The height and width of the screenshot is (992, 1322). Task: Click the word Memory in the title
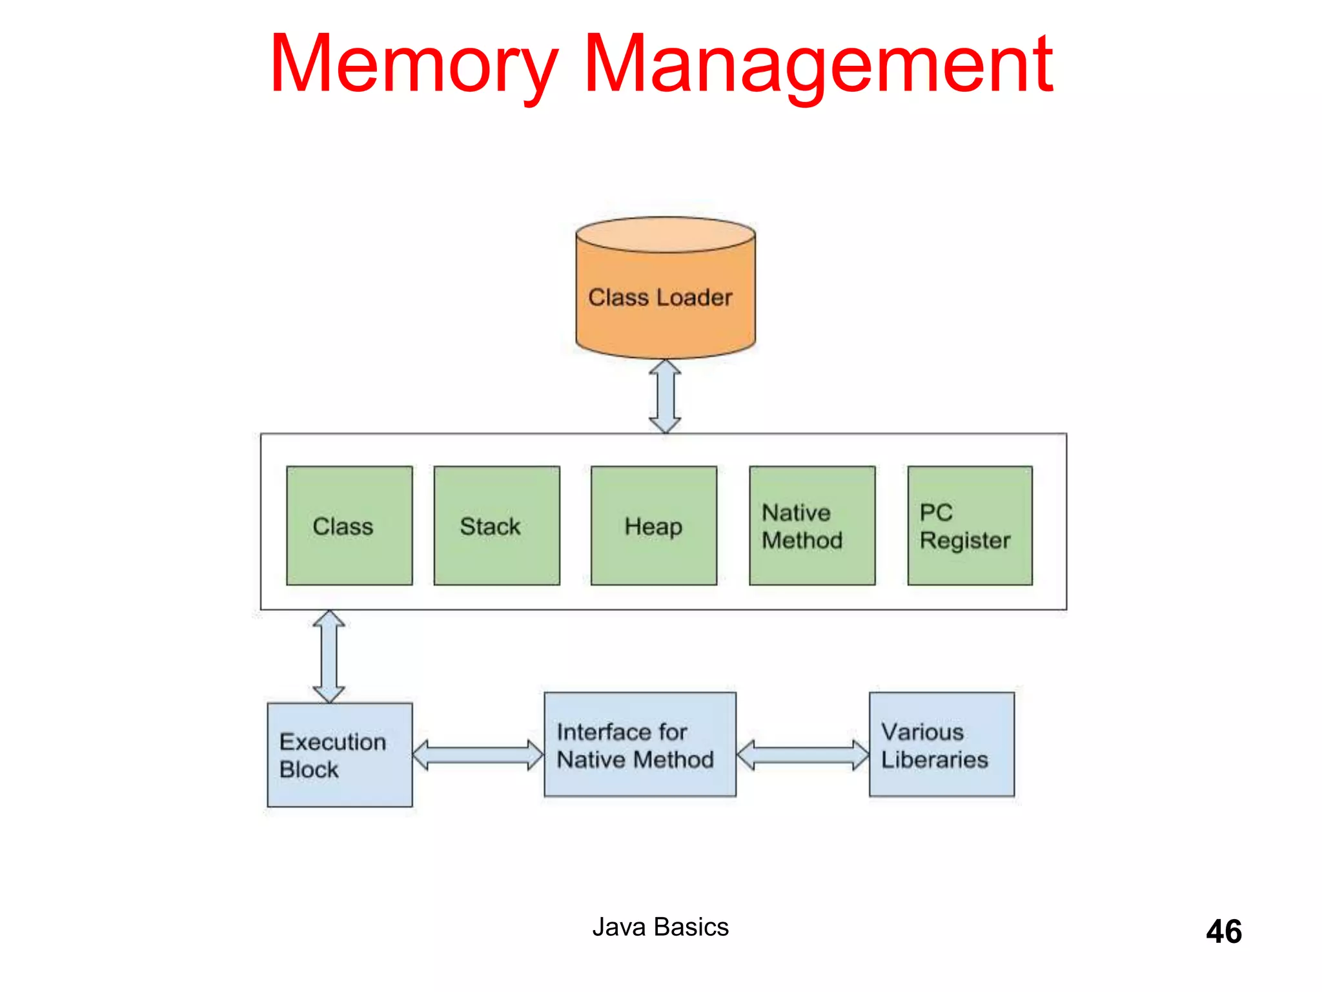pos(413,65)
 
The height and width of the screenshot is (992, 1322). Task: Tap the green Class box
pos(349,526)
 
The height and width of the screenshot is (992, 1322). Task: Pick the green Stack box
pos(496,526)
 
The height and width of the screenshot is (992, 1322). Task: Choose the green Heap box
pos(653,526)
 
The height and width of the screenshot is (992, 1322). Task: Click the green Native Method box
pos(812,526)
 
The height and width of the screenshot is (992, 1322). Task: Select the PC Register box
pos(970,526)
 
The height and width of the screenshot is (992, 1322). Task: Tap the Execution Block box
pos(340,754)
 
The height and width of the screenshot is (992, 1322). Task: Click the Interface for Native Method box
pos(640,744)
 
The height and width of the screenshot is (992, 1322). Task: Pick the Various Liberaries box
pos(941,744)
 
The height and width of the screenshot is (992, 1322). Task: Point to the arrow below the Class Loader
pos(665,396)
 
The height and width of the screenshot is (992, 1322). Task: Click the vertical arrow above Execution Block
pos(329,656)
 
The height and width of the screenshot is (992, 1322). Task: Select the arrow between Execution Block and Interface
pos(478,755)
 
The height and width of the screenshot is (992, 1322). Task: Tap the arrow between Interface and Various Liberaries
pos(802,755)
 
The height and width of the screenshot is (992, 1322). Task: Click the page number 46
pos(1223,931)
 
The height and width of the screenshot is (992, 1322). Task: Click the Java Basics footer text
pos(660,927)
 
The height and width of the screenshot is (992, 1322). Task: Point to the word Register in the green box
pos(965,541)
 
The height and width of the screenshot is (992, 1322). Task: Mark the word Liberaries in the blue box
pos(934,759)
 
